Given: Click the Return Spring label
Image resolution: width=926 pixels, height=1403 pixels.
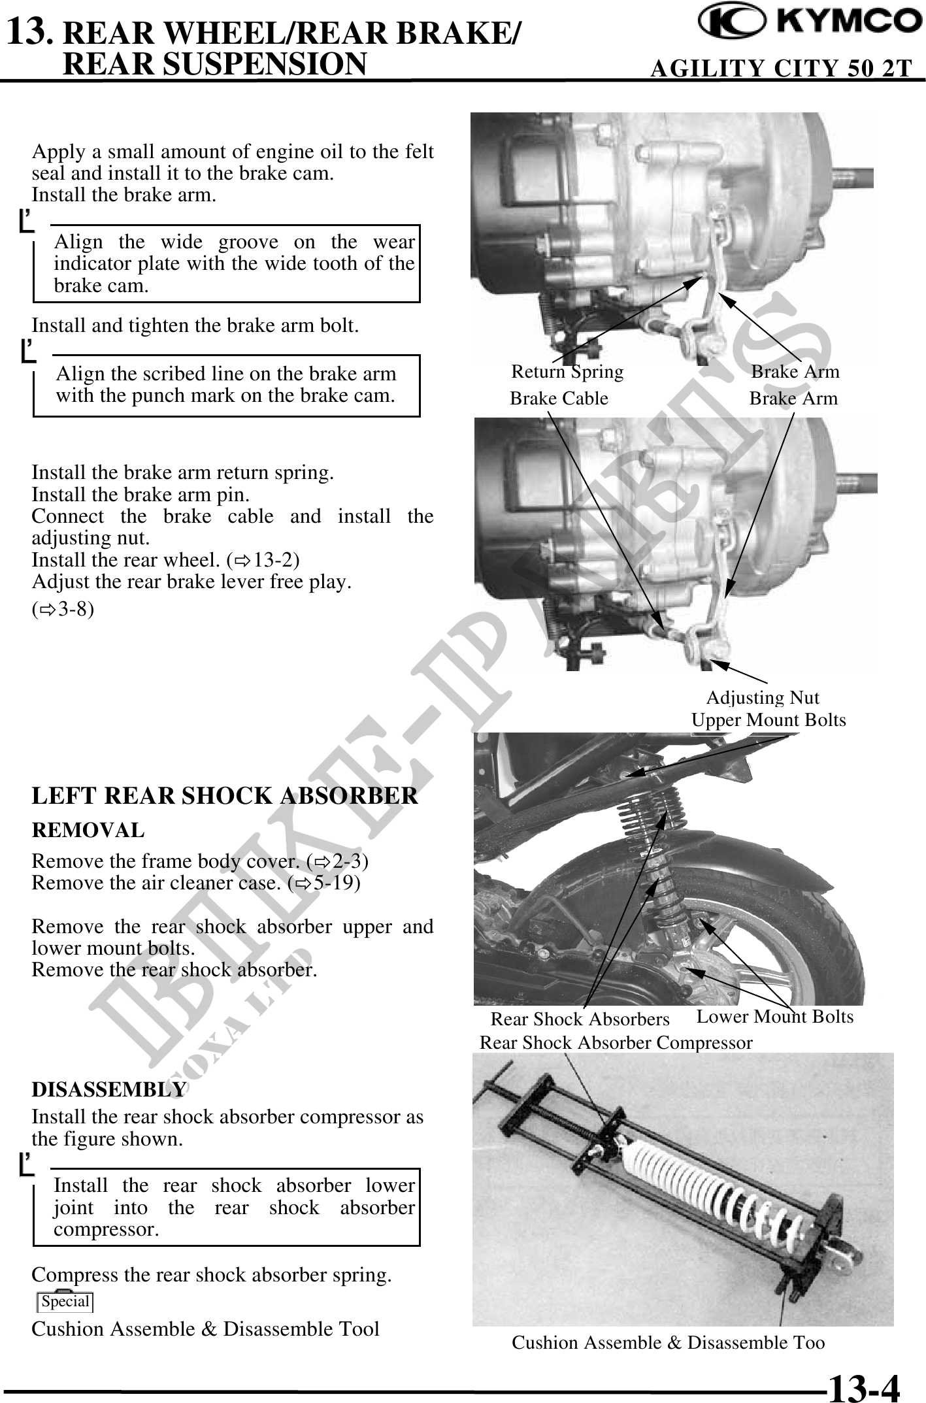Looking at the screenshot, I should click(567, 372).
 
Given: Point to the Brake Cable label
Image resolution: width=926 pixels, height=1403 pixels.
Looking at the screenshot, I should click(559, 399).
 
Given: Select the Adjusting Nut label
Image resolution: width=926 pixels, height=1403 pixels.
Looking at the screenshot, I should click(763, 698).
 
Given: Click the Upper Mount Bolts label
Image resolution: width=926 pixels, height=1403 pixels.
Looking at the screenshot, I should click(769, 720).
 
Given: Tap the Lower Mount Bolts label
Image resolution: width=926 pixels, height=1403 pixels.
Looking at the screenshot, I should click(775, 1016).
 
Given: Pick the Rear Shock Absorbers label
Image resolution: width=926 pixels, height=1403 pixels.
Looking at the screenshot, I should click(580, 1019).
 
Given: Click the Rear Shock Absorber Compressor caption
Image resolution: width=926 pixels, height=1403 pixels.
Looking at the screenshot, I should click(616, 1042).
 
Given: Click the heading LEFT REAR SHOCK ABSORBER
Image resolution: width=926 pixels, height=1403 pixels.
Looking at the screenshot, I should click(225, 796).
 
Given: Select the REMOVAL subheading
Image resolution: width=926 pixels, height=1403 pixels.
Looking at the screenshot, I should click(88, 831).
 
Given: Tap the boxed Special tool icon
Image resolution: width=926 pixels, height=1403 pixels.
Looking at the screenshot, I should click(65, 1301).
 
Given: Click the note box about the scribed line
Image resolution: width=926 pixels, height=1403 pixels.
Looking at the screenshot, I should click(226, 385).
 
